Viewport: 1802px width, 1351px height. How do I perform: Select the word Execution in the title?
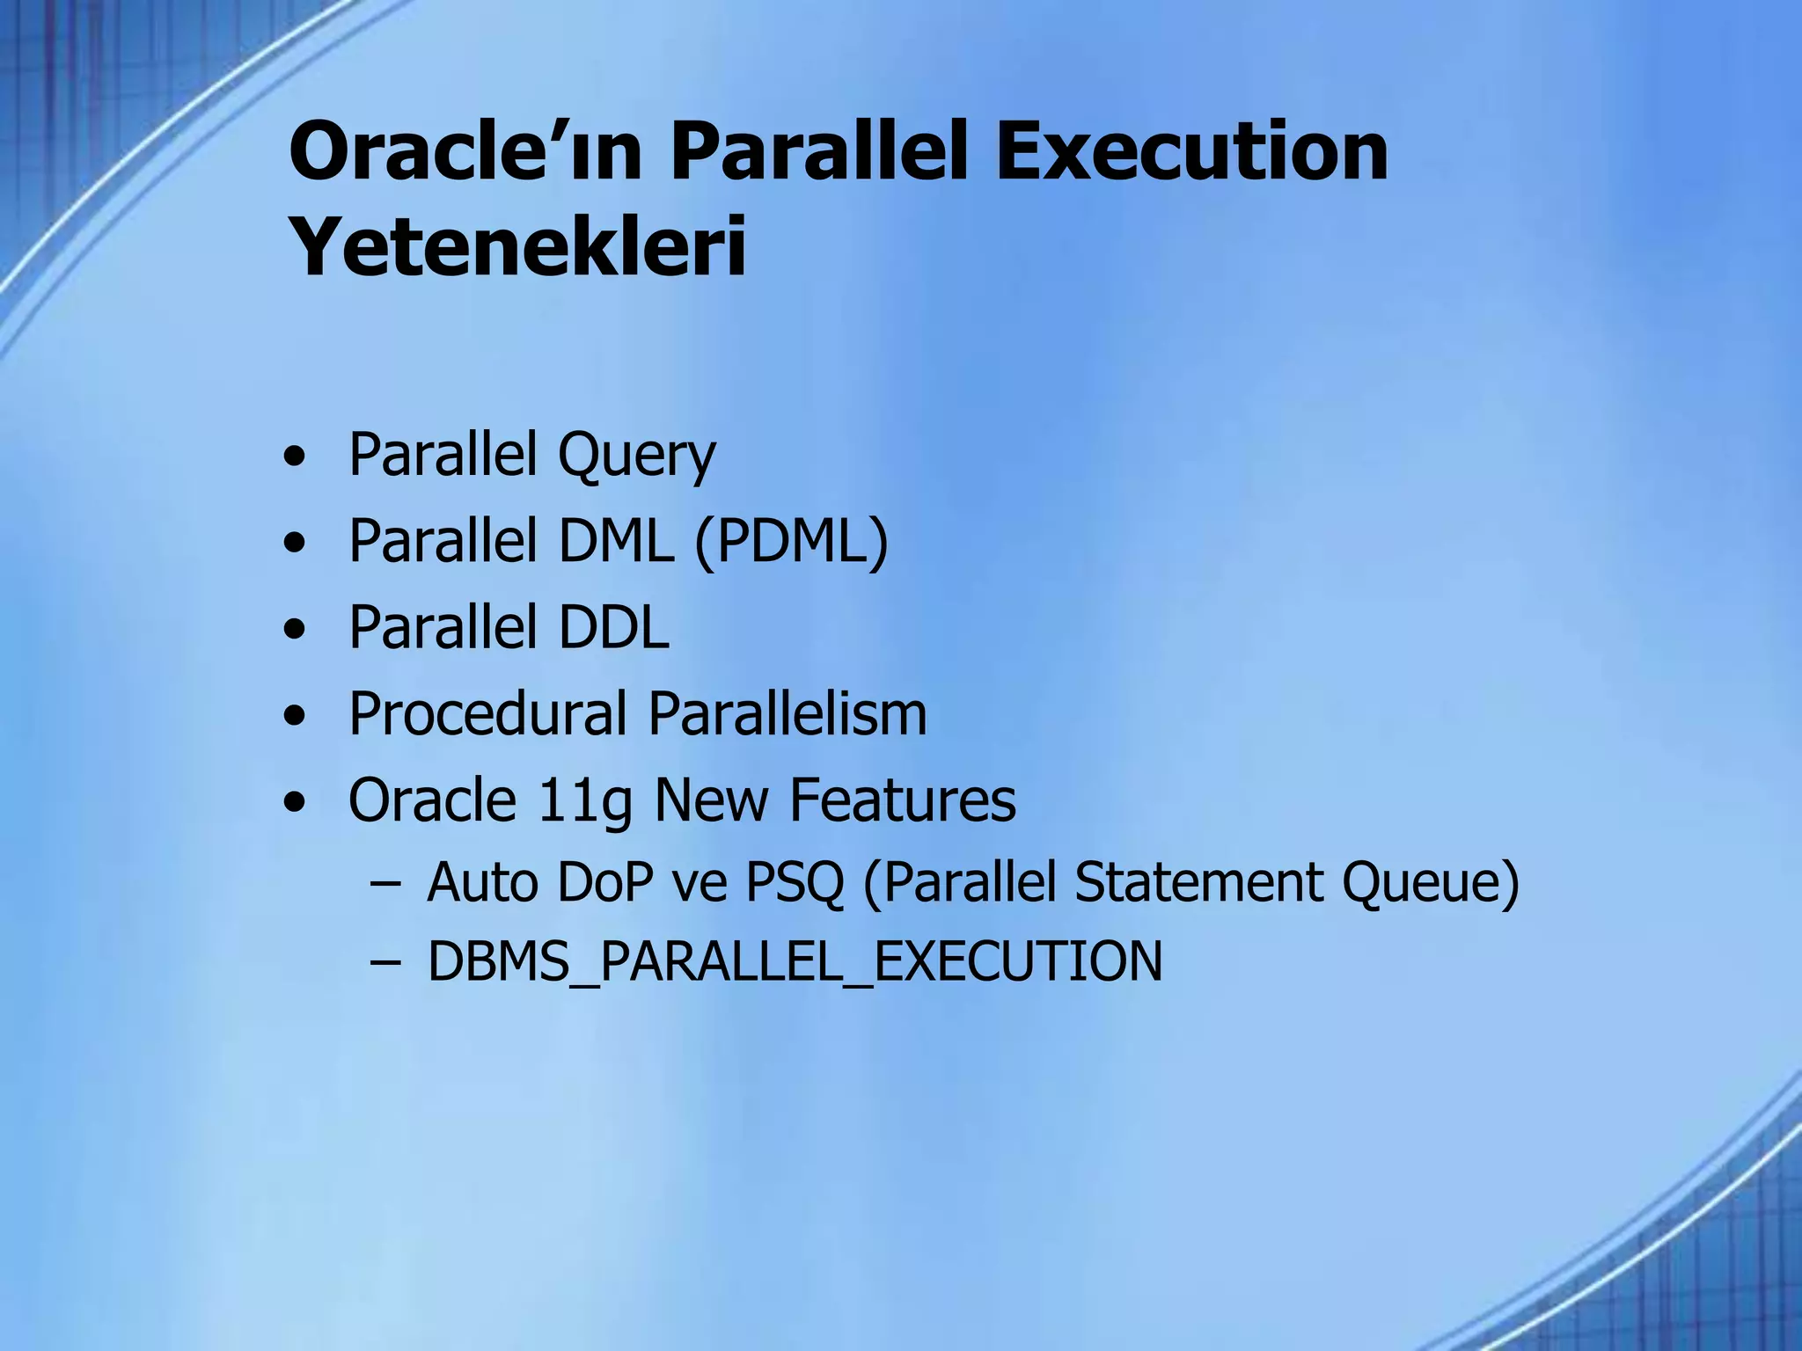[1191, 152]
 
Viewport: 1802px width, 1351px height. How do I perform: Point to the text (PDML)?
[792, 541]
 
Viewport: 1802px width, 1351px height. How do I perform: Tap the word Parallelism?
[787, 713]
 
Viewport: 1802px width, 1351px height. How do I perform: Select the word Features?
[902, 800]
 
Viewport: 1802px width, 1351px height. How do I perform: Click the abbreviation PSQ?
[795, 882]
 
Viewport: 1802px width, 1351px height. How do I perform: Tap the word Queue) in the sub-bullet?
[1431, 884]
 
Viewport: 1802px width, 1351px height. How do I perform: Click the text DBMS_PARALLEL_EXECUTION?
[795, 961]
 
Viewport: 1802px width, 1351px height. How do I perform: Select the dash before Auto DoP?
[385, 883]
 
